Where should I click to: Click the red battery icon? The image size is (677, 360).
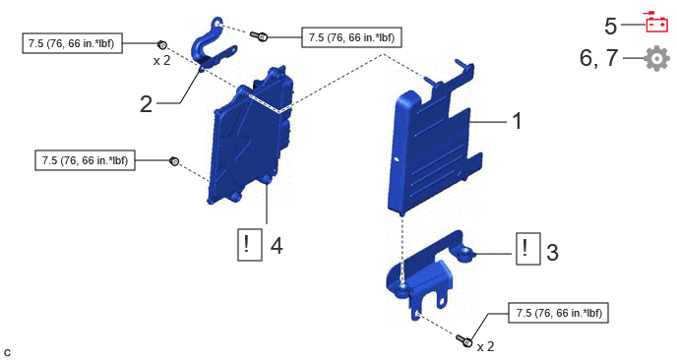tap(656, 23)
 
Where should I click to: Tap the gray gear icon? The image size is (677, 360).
tap(656, 58)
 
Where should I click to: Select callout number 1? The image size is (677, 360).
tap(517, 121)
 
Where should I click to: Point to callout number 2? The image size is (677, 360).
tap(146, 104)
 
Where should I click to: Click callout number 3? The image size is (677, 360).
tap(552, 252)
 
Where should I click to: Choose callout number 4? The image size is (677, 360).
tap(277, 246)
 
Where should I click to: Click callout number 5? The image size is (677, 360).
tap(610, 26)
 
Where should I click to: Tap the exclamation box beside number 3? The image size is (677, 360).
tap(528, 249)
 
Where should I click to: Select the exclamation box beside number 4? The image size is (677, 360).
tap(250, 245)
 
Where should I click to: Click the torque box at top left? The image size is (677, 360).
tap(72, 43)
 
